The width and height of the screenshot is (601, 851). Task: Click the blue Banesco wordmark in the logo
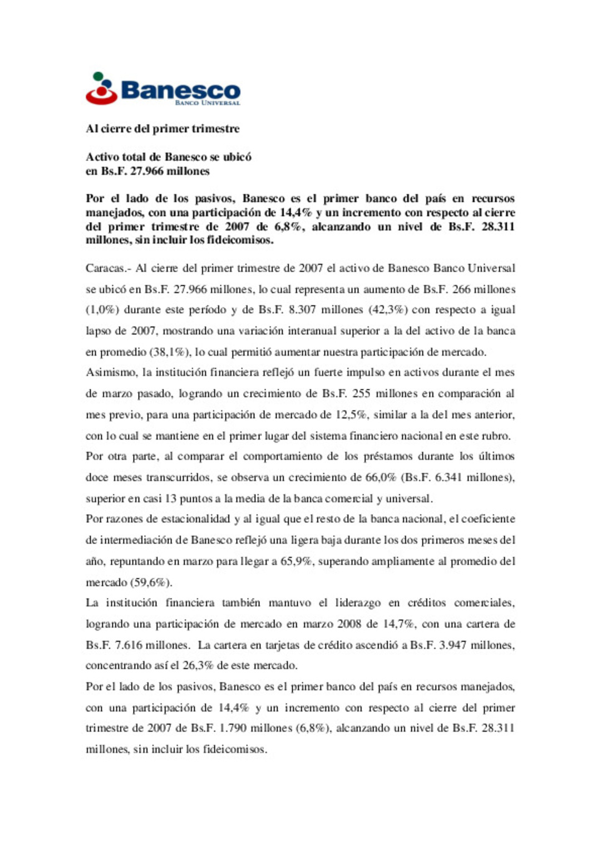tap(180, 90)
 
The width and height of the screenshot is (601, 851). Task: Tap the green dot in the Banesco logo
tap(98, 76)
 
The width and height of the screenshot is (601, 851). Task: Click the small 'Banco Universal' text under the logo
tap(207, 103)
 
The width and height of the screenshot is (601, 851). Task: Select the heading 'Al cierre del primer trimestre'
tap(162, 129)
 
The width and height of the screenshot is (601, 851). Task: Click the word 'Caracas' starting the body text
tap(105, 268)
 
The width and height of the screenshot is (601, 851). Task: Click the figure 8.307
tap(302, 310)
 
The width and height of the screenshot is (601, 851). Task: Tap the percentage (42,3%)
tap(388, 310)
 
